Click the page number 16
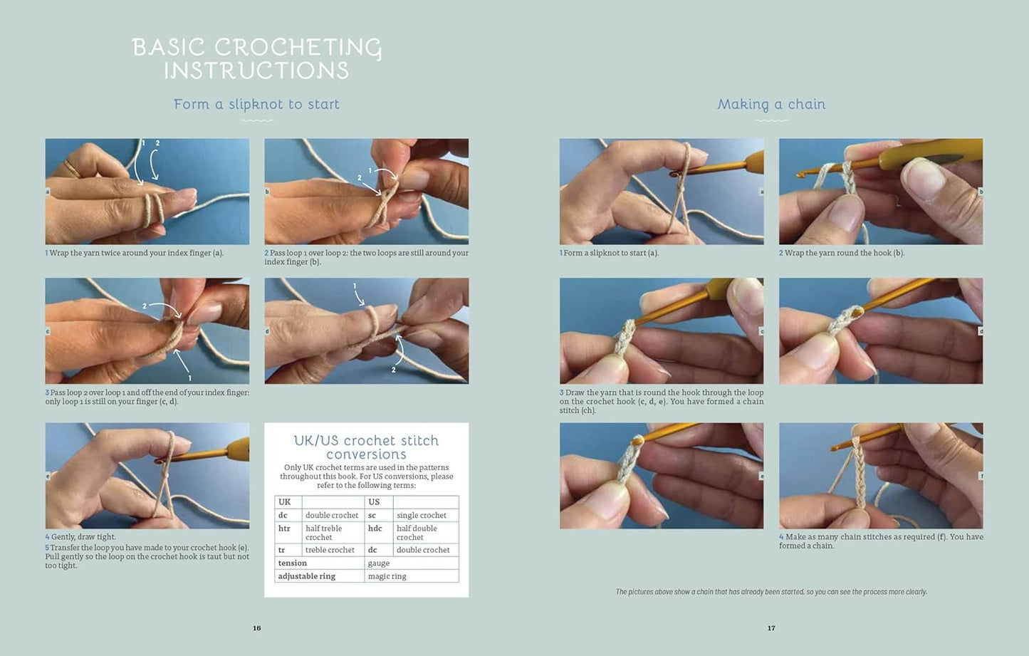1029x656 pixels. [257, 628]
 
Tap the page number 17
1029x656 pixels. [771, 628]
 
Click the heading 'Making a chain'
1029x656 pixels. [771, 104]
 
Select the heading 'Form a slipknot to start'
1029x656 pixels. [256, 104]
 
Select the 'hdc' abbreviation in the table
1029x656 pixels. [375, 529]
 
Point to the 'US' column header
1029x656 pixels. [374, 501]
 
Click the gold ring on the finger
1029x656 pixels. [72, 168]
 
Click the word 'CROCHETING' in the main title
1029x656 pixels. [298, 48]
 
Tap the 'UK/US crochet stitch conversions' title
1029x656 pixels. [366, 447]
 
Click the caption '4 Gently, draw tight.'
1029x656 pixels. [80, 536]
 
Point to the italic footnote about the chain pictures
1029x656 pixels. [771, 592]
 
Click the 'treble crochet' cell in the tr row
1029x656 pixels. [330, 550]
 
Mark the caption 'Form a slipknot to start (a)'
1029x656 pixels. [609, 253]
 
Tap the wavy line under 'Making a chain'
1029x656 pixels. [771, 121]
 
